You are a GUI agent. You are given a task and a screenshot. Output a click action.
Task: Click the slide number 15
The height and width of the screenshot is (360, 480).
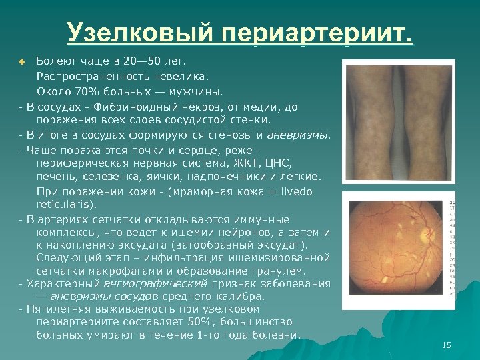(446, 345)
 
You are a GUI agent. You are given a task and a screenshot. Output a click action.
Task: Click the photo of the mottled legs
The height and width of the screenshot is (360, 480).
(398, 121)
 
